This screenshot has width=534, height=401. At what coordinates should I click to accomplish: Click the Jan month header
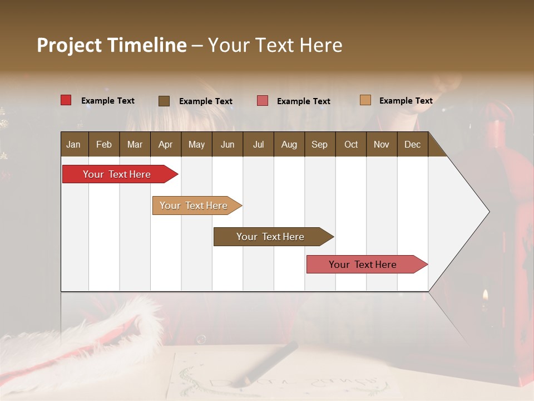point(73,144)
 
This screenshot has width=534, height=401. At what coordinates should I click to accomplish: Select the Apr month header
point(165,144)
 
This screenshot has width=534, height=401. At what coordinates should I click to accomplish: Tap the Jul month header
point(258,144)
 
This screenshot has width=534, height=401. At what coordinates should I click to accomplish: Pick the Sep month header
point(319,144)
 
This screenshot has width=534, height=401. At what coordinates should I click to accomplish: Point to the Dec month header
point(412,144)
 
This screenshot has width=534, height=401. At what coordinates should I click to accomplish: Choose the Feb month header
point(104,144)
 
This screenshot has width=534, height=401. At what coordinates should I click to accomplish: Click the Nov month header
point(381,144)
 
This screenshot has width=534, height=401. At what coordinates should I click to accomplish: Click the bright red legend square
point(66,100)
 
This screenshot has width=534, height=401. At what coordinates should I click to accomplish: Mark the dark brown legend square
point(164,101)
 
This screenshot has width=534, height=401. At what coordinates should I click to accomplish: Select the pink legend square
point(263,101)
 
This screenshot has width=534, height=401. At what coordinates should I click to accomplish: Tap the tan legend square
point(365,100)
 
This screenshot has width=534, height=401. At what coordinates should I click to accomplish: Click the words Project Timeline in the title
point(111,45)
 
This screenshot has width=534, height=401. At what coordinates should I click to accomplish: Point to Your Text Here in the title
point(275,45)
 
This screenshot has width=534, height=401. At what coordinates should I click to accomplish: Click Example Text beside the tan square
point(406,101)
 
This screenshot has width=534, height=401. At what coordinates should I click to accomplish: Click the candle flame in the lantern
point(485,295)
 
